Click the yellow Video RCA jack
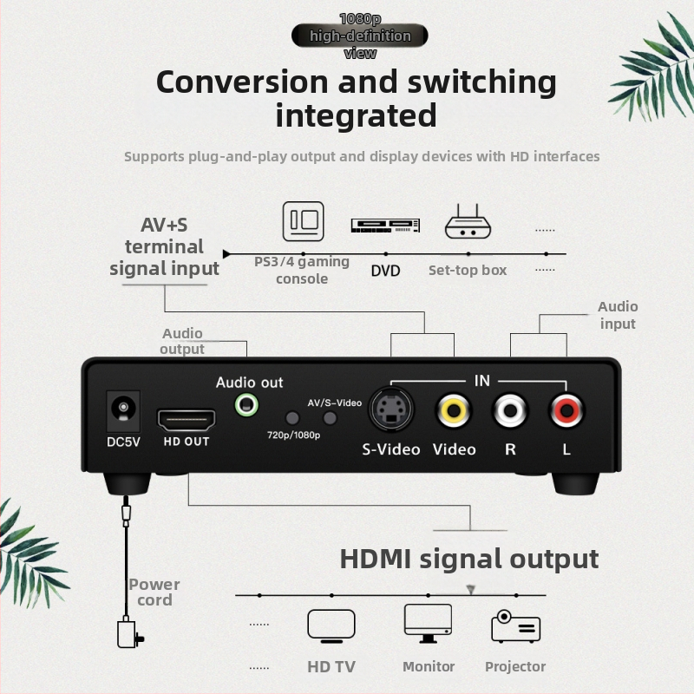pyautogui.click(x=455, y=409)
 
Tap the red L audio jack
pyautogui.click(x=566, y=409)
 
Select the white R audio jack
pyautogui.click(x=510, y=409)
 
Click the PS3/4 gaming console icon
pyautogui.click(x=303, y=221)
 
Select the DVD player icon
pyautogui.click(x=385, y=226)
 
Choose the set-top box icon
pyautogui.click(x=468, y=224)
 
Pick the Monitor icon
pyautogui.click(x=428, y=623)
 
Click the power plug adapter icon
pyautogui.click(x=129, y=634)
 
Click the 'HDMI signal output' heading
pyautogui.click(x=468, y=558)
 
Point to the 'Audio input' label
pyautogui.click(x=618, y=315)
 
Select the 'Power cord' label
pyautogui.click(x=154, y=592)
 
